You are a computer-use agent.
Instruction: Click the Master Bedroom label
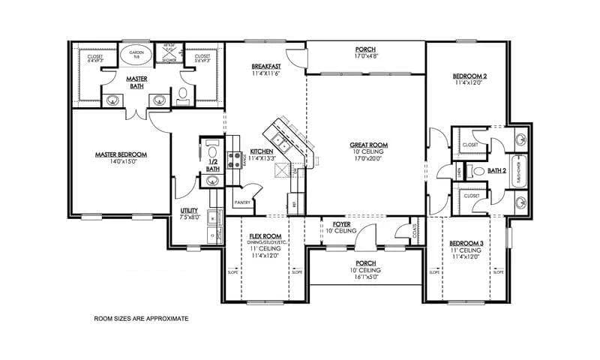click(120, 154)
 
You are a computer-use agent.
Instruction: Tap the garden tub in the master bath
click(136, 55)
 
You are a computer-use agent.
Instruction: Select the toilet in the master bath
click(182, 95)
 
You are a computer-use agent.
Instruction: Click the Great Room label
click(368, 145)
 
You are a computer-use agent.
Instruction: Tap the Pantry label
click(241, 202)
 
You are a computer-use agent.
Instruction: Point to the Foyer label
click(332, 223)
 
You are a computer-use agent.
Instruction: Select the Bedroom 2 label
click(470, 76)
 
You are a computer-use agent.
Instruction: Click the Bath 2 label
click(497, 170)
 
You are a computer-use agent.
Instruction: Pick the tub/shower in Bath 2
click(517, 170)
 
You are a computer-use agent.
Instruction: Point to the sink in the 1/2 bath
click(212, 180)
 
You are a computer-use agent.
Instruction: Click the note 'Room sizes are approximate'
click(140, 319)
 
